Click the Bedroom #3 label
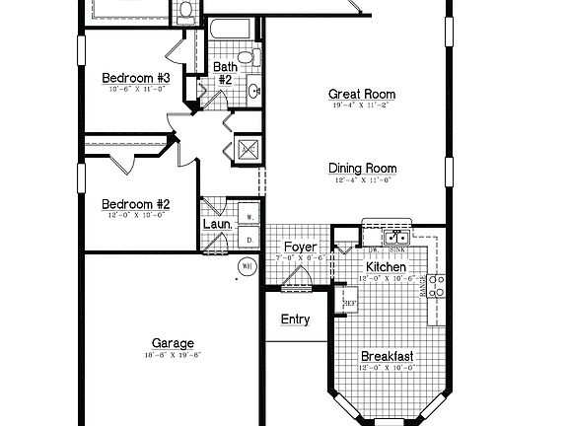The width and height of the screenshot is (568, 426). pyautogui.click(x=136, y=77)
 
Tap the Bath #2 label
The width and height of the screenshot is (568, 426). pyautogui.click(x=224, y=72)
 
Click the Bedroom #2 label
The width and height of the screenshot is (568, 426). pyautogui.click(x=136, y=205)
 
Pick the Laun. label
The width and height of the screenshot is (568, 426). pyautogui.click(x=217, y=224)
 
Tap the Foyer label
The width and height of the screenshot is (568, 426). pyautogui.click(x=299, y=246)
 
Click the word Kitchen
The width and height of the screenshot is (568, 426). pyautogui.click(x=387, y=267)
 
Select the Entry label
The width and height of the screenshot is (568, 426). pyautogui.click(x=295, y=319)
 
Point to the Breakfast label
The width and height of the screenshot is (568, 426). pyautogui.click(x=387, y=356)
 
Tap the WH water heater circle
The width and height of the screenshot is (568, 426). pyautogui.click(x=247, y=265)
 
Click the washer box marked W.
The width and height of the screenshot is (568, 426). pyautogui.click(x=249, y=217)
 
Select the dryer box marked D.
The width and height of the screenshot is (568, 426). pyautogui.click(x=249, y=239)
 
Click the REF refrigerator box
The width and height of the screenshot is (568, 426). pyautogui.click(x=348, y=302)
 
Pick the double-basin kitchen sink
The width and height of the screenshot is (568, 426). pyautogui.click(x=398, y=237)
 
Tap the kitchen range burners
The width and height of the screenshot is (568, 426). pyautogui.click(x=438, y=286)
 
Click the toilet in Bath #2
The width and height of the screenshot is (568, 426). pyautogui.click(x=253, y=56)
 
